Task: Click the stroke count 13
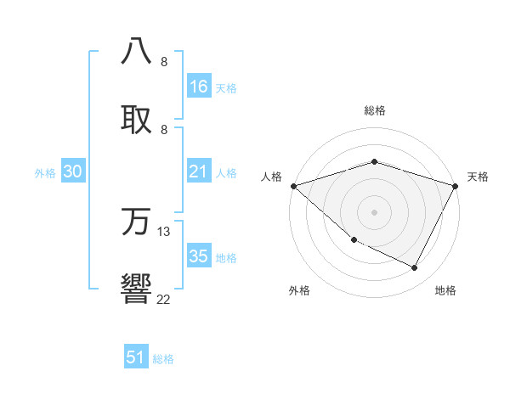click(164, 231)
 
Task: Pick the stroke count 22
click(163, 299)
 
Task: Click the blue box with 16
click(199, 87)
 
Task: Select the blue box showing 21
click(199, 171)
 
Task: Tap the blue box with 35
click(199, 256)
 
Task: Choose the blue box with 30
click(73, 171)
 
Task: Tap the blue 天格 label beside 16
click(226, 87)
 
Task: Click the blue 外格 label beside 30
click(45, 172)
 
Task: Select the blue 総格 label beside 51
click(163, 359)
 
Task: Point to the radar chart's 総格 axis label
click(375, 110)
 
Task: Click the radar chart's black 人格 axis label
click(271, 177)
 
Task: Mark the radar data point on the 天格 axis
click(456, 186)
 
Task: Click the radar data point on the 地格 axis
click(415, 268)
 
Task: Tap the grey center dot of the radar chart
click(375, 212)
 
